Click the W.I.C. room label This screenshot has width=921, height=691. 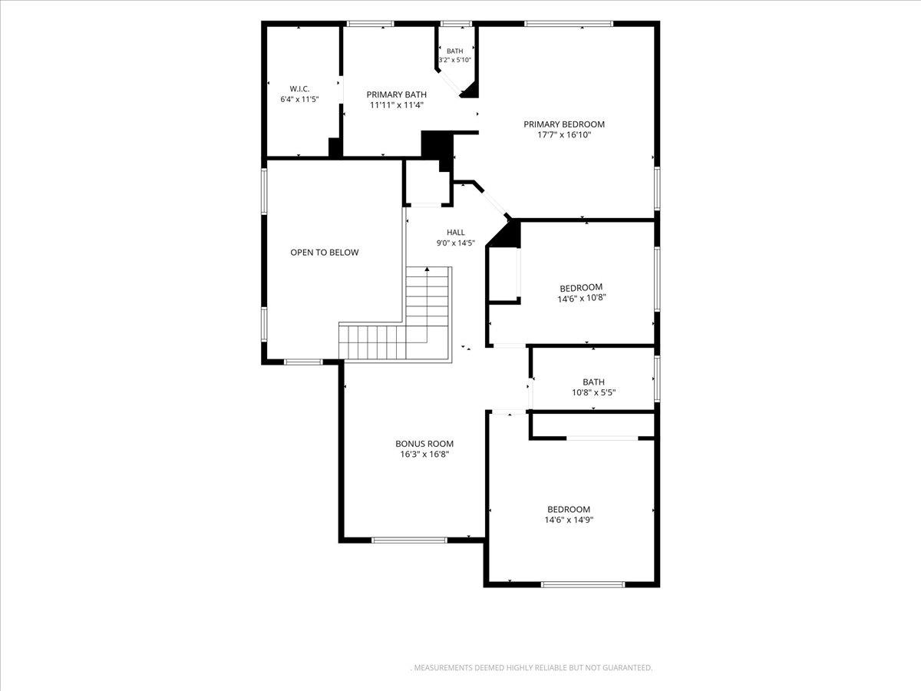299,89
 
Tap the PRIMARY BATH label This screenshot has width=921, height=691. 397,94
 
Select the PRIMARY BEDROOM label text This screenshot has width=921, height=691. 564,124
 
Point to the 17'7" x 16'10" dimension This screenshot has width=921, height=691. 564,134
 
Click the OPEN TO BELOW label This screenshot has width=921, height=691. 325,252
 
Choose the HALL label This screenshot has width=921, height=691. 456,232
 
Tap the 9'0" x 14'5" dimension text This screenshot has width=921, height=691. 456,243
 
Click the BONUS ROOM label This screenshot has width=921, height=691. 424,444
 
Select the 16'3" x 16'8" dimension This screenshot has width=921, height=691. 424,454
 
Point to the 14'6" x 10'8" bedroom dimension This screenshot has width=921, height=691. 582,299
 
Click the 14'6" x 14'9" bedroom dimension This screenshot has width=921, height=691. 569,520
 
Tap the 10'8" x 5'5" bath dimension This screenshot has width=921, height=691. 594,392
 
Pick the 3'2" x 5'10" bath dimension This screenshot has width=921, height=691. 455,60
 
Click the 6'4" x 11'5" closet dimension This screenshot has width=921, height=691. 299,100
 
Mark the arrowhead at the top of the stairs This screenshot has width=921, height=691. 427,269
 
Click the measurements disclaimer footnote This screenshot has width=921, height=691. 531,667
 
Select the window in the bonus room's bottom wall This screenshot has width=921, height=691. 409,540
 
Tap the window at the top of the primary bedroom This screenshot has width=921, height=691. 569,24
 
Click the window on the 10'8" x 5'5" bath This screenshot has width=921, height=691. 657,379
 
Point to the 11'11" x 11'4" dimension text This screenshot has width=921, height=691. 397,105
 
